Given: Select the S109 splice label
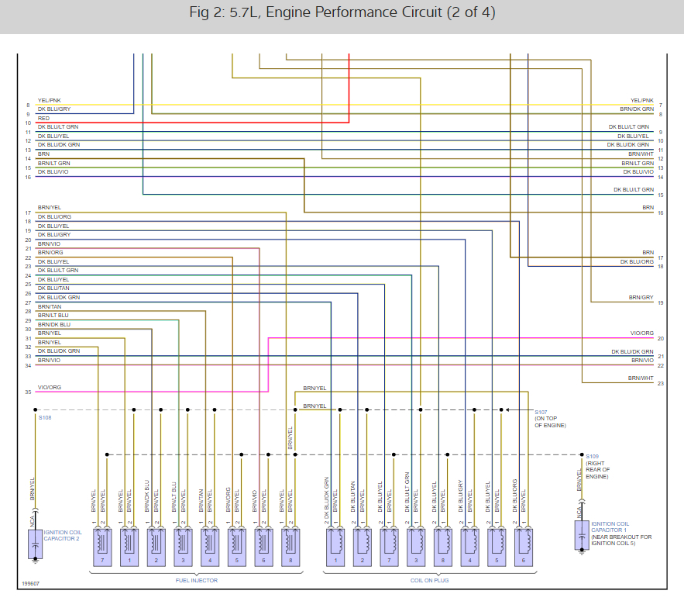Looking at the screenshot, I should coord(593,456).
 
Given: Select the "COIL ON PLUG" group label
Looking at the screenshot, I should coord(429,579).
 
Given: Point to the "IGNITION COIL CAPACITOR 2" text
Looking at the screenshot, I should coord(62,536).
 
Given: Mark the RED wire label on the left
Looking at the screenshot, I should coord(43,119).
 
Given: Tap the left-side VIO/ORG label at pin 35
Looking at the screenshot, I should coord(49,387).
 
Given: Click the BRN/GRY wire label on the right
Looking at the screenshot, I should coord(641,298).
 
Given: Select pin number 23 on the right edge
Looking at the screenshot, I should coord(660,383).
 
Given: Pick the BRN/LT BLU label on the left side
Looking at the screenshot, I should coord(53,316).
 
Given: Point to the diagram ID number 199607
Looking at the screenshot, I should coord(31,584).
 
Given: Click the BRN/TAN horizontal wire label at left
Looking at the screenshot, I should coord(49,306).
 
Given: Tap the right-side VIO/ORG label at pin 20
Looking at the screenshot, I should coord(641,333).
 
